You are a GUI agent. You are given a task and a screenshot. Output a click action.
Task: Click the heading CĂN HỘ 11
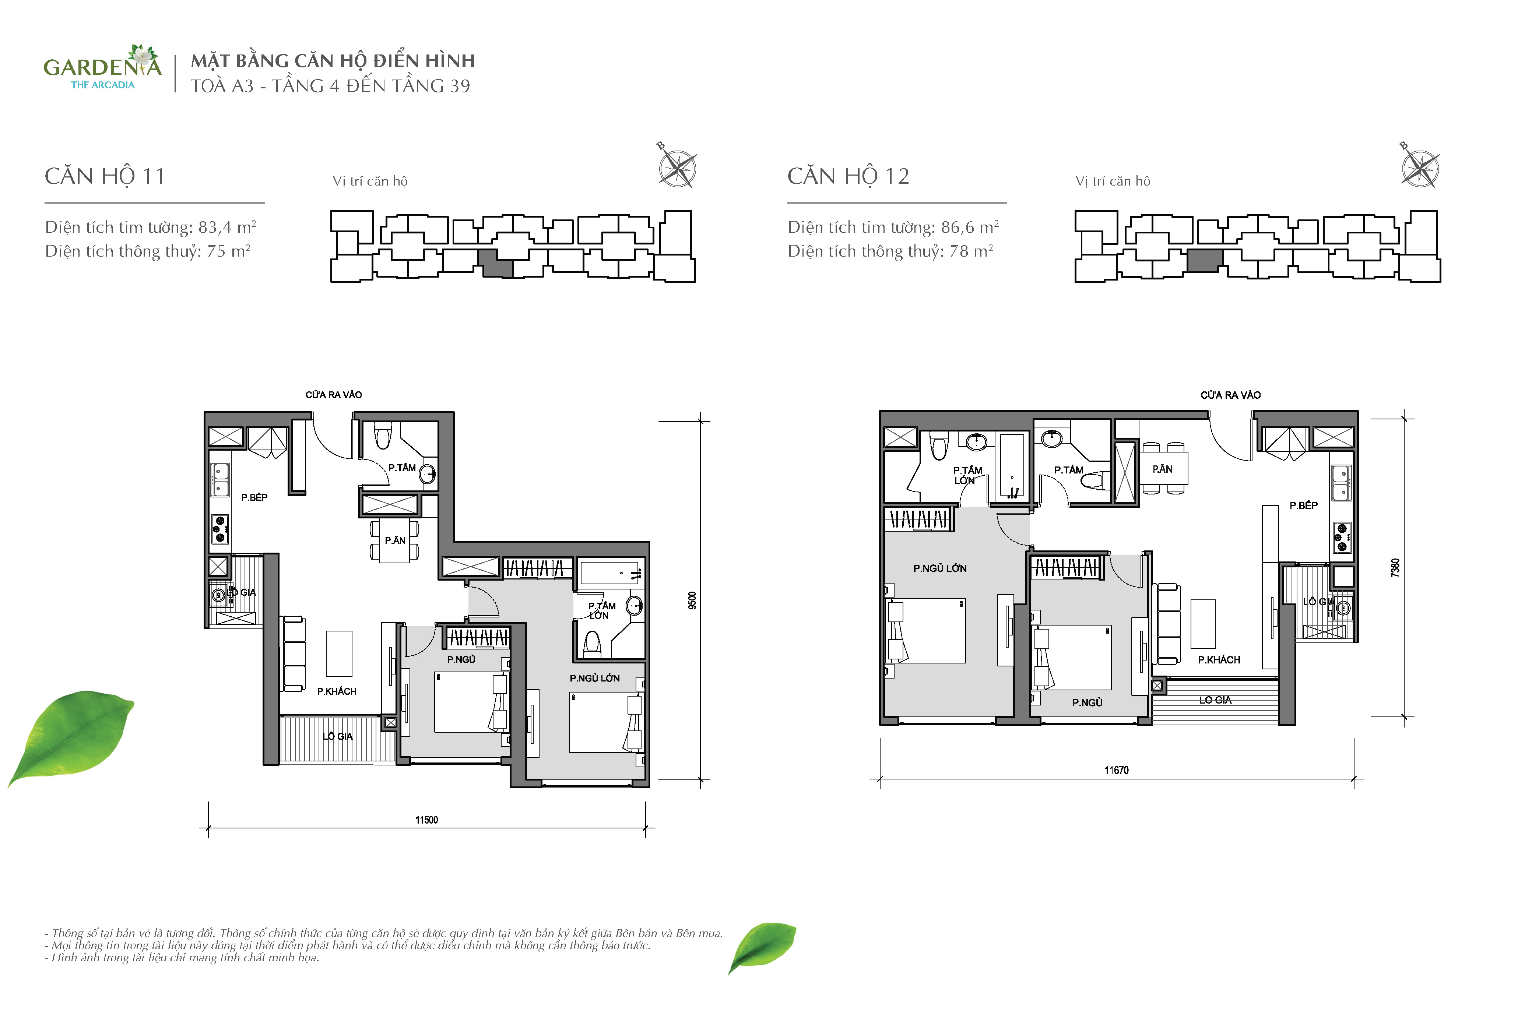[105, 176]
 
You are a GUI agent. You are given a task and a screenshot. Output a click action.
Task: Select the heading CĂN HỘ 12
[848, 176]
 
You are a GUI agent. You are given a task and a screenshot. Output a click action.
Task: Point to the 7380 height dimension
[1395, 568]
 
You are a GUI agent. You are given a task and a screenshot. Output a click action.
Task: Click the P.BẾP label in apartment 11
[254, 497]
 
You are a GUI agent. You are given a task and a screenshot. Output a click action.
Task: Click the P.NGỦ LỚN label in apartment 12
[939, 568]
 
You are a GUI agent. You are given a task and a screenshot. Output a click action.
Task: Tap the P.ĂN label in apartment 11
[395, 540]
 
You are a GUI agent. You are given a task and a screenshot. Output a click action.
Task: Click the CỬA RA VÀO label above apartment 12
[1230, 395]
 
